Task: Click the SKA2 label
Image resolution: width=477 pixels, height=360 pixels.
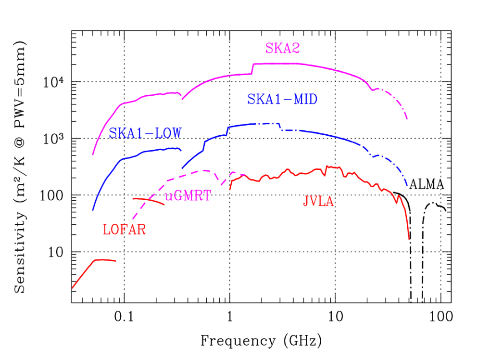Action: point(283,48)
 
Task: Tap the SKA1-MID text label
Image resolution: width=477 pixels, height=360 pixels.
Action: point(282,100)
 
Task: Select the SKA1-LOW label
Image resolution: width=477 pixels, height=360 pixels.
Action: point(145,133)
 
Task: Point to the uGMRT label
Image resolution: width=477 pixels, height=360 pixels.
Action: point(188,196)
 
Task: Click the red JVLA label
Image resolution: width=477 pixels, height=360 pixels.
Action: point(318,201)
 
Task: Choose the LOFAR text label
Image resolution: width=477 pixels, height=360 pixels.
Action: point(125,230)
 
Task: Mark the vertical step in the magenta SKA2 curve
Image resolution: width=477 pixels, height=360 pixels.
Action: point(253,68)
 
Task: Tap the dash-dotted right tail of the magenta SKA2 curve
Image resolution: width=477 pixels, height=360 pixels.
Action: point(394,99)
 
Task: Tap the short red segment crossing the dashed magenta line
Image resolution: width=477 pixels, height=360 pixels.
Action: point(149,200)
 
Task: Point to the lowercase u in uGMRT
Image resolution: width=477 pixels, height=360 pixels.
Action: point(168,197)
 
